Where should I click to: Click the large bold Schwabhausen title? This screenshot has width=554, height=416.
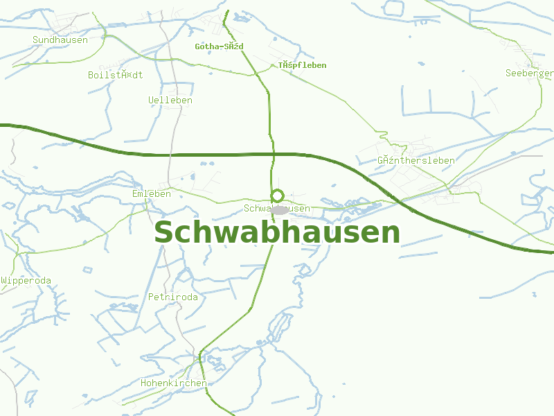coord(277,233)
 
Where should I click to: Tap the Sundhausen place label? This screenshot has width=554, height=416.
coord(60,40)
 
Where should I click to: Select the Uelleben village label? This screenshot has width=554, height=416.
coord(170,101)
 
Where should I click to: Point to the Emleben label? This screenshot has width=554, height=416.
coord(152,194)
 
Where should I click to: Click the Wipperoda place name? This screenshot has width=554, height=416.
coord(26,281)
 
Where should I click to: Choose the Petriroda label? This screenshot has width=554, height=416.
coord(173,297)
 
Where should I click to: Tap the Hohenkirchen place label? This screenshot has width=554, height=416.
coord(173,383)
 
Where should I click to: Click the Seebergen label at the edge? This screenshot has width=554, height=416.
coord(530,73)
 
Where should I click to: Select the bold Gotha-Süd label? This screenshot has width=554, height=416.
coord(219,46)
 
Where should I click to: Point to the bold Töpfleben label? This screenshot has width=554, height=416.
coord(303,65)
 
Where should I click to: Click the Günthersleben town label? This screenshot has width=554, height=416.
coord(416,161)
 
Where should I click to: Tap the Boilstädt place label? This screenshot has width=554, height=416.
coord(116,75)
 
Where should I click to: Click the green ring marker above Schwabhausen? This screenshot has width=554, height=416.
coord(278,196)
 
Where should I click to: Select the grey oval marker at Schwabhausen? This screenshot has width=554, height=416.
coord(280,209)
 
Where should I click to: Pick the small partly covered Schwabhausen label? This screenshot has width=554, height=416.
coord(277,209)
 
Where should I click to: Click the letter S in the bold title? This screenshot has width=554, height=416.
coord(163,233)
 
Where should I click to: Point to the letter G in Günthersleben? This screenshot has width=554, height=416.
coord(381,161)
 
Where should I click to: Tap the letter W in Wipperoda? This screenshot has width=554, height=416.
coord(3,281)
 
